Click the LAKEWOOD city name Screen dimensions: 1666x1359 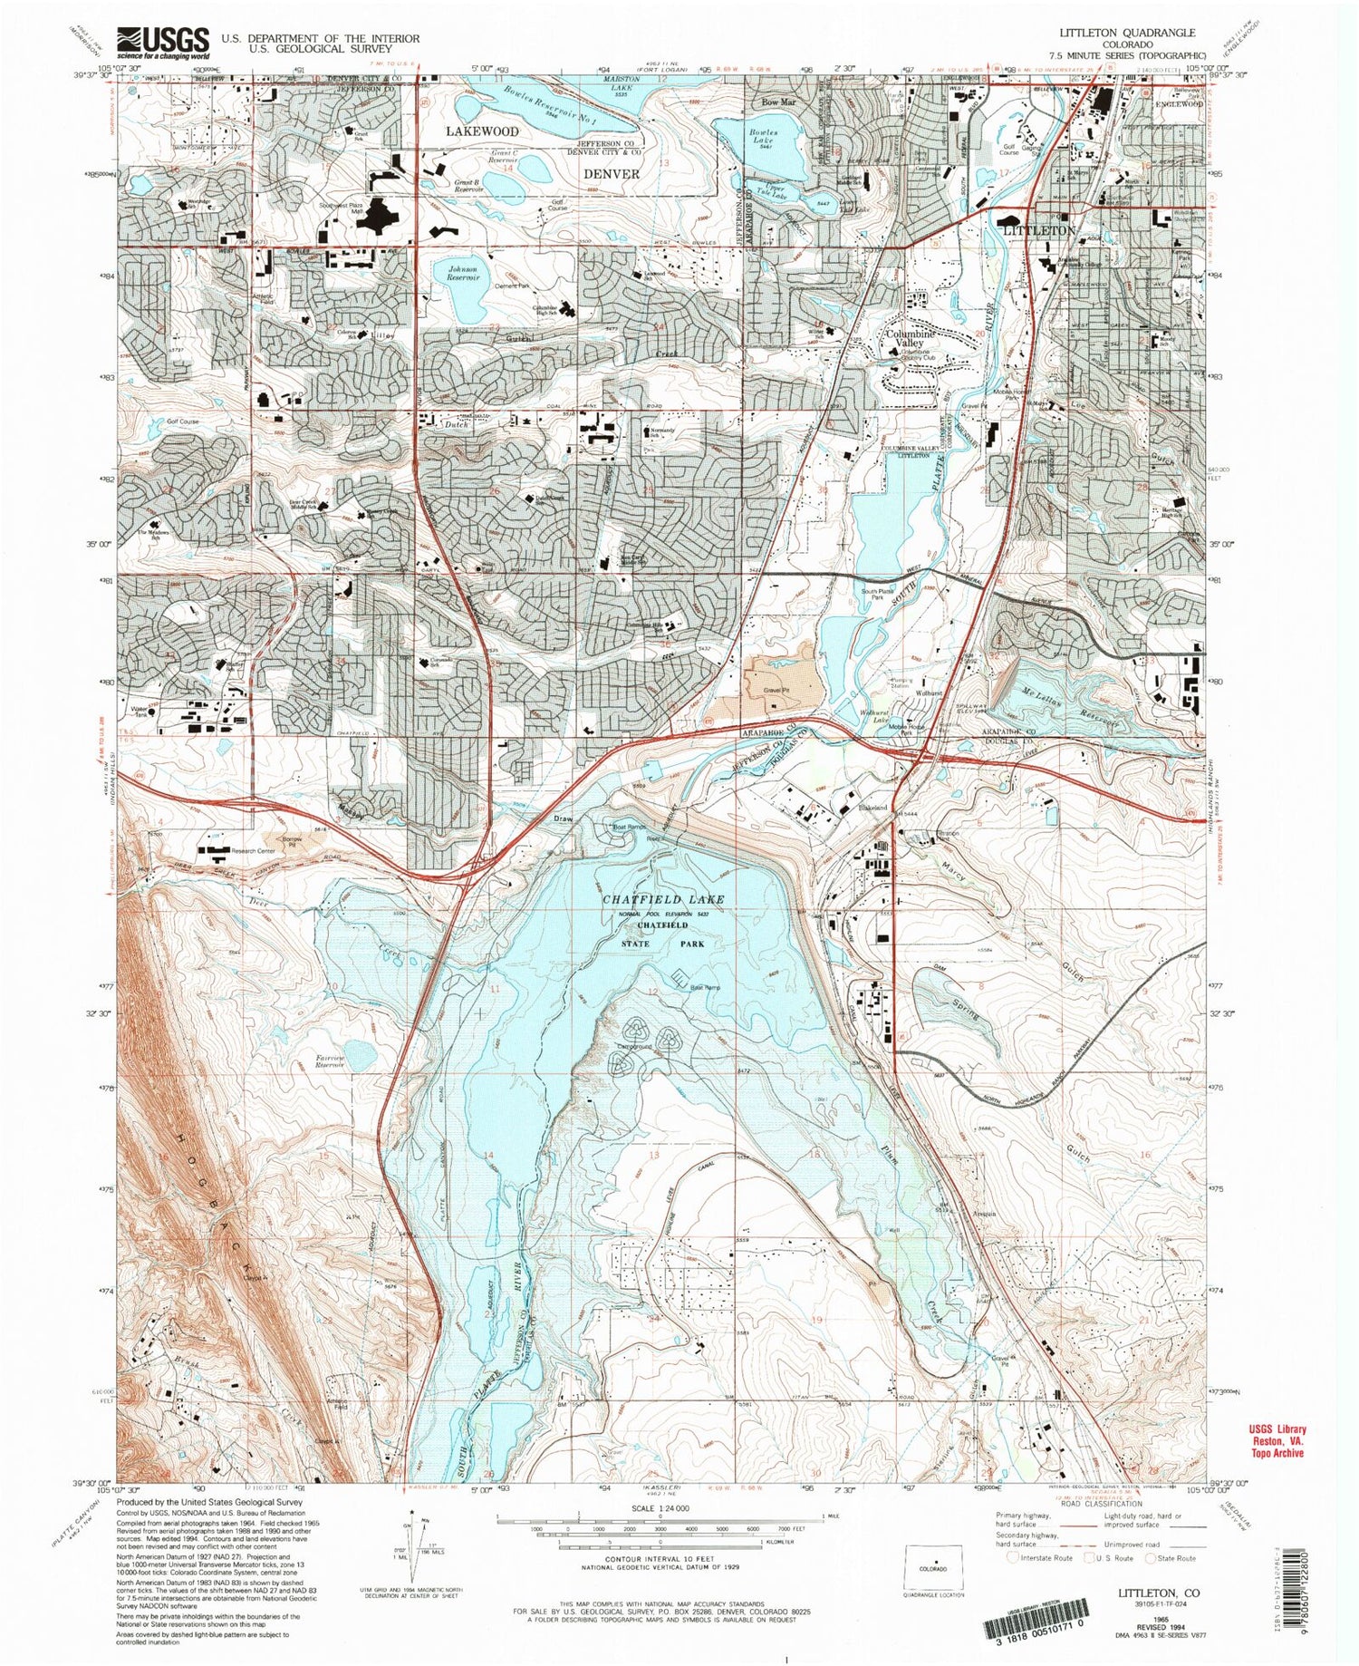click(482, 132)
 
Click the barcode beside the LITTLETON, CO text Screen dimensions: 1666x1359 click(1033, 1636)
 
